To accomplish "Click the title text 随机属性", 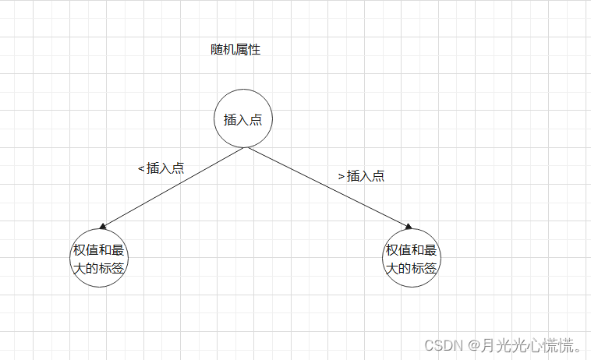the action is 235,50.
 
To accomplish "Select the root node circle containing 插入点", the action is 243,119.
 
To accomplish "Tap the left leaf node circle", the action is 99,259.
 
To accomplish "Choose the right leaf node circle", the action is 411,259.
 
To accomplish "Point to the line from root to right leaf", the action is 327,188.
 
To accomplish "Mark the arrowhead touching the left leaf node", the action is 102,227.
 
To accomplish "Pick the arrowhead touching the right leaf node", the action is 408,227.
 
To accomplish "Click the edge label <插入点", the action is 161,168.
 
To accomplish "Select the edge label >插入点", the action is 361,176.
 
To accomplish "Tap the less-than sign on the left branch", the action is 140,168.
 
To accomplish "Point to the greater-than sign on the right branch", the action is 341,177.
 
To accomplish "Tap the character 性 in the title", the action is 254,50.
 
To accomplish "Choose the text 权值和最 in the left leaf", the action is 99,250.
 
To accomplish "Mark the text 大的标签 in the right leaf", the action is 411,268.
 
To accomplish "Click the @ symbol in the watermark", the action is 472,343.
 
